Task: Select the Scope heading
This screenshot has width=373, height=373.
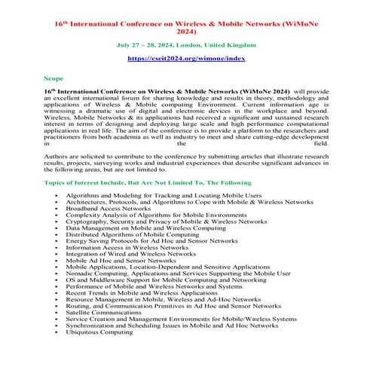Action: (54, 78)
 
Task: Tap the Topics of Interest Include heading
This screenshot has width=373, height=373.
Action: (147, 182)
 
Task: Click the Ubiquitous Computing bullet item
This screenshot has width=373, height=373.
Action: (99, 331)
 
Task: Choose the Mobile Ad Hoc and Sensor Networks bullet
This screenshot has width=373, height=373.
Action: (121, 260)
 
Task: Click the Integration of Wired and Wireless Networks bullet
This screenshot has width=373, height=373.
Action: (130, 254)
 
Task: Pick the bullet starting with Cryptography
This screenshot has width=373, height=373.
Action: (161, 221)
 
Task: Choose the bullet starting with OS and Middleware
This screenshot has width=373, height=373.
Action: (164, 280)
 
